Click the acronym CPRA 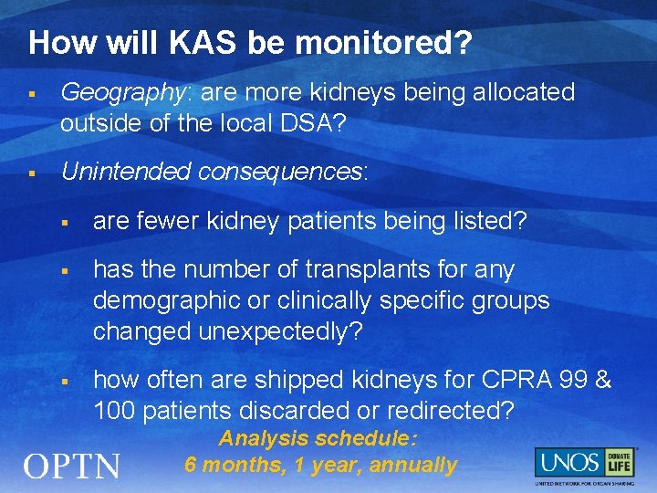(x=506, y=380)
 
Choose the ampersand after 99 (x=603, y=380)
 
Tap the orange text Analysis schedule (x=318, y=439)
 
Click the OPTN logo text (x=71, y=467)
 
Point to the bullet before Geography (x=32, y=94)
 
